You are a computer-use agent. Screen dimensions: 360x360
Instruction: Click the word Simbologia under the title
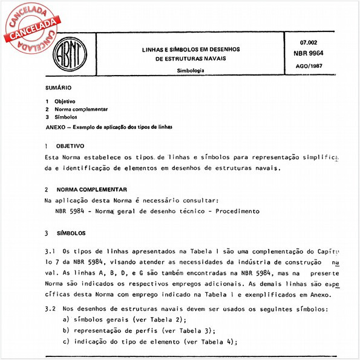(x=190, y=71)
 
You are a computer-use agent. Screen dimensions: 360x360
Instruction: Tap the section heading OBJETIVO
(x=70, y=147)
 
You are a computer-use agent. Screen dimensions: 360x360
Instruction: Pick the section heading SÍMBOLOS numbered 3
(x=71, y=233)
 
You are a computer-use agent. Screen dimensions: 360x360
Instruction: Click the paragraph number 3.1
(x=50, y=251)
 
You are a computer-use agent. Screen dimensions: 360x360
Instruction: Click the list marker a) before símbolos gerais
(x=65, y=319)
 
